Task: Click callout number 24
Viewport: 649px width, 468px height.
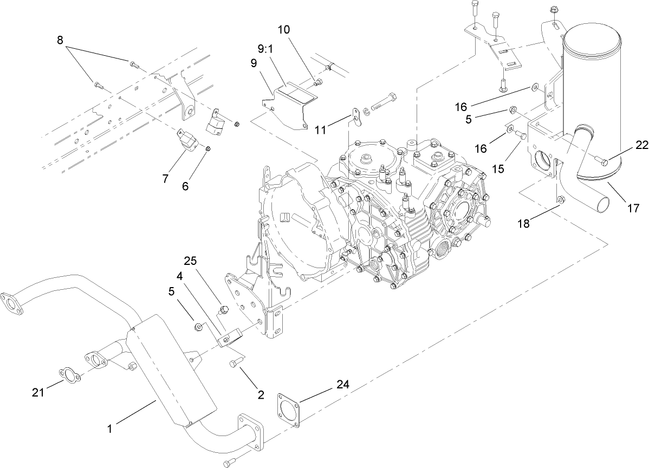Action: click(342, 385)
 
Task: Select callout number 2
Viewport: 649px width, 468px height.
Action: click(261, 395)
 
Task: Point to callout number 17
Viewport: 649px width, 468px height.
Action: click(633, 207)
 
